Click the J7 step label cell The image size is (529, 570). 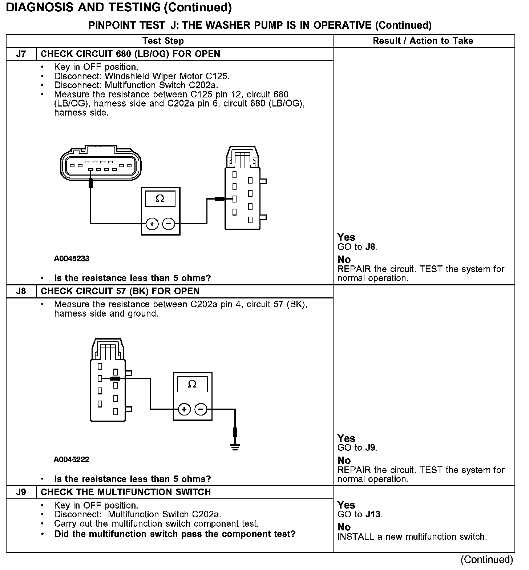click(21, 54)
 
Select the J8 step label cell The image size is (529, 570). click(21, 291)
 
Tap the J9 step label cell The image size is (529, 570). click(21, 492)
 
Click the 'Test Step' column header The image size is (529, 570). click(163, 41)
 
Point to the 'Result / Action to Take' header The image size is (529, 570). click(423, 41)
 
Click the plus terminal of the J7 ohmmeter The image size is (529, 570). click(152, 224)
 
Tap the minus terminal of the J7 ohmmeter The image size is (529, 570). click(168, 224)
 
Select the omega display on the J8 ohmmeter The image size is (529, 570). click(192, 384)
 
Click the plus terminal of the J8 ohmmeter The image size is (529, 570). click(184, 409)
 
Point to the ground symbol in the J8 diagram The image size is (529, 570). click(235, 447)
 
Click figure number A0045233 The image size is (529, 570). click(72, 258)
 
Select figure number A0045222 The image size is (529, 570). click(72, 459)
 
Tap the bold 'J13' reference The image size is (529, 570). click(373, 514)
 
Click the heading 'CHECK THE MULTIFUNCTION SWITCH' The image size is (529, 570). click(126, 492)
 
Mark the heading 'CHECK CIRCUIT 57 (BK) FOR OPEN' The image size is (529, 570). click(120, 291)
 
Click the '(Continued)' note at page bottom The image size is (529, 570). click(486, 559)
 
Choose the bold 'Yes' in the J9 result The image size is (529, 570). click(346, 505)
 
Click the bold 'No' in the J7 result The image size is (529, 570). click(344, 260)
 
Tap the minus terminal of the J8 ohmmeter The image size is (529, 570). click(201, 409)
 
